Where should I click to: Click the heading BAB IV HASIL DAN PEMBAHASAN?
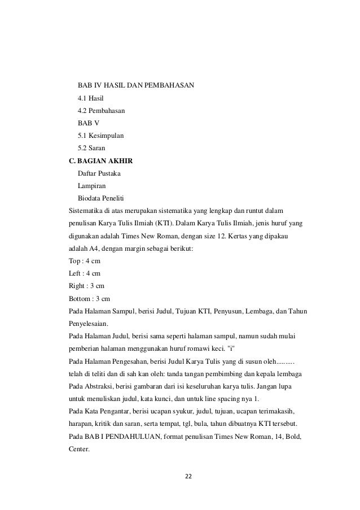coord(135,85)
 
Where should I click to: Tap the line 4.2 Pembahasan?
coord(102,111)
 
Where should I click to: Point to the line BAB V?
coord(88,124)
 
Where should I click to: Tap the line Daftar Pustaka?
coord(99,174)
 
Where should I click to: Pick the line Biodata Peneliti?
coord(101,198)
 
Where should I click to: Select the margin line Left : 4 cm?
coord(84,273)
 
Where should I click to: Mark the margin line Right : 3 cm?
coord(86,286)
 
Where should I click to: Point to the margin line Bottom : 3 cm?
coord(89,298)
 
